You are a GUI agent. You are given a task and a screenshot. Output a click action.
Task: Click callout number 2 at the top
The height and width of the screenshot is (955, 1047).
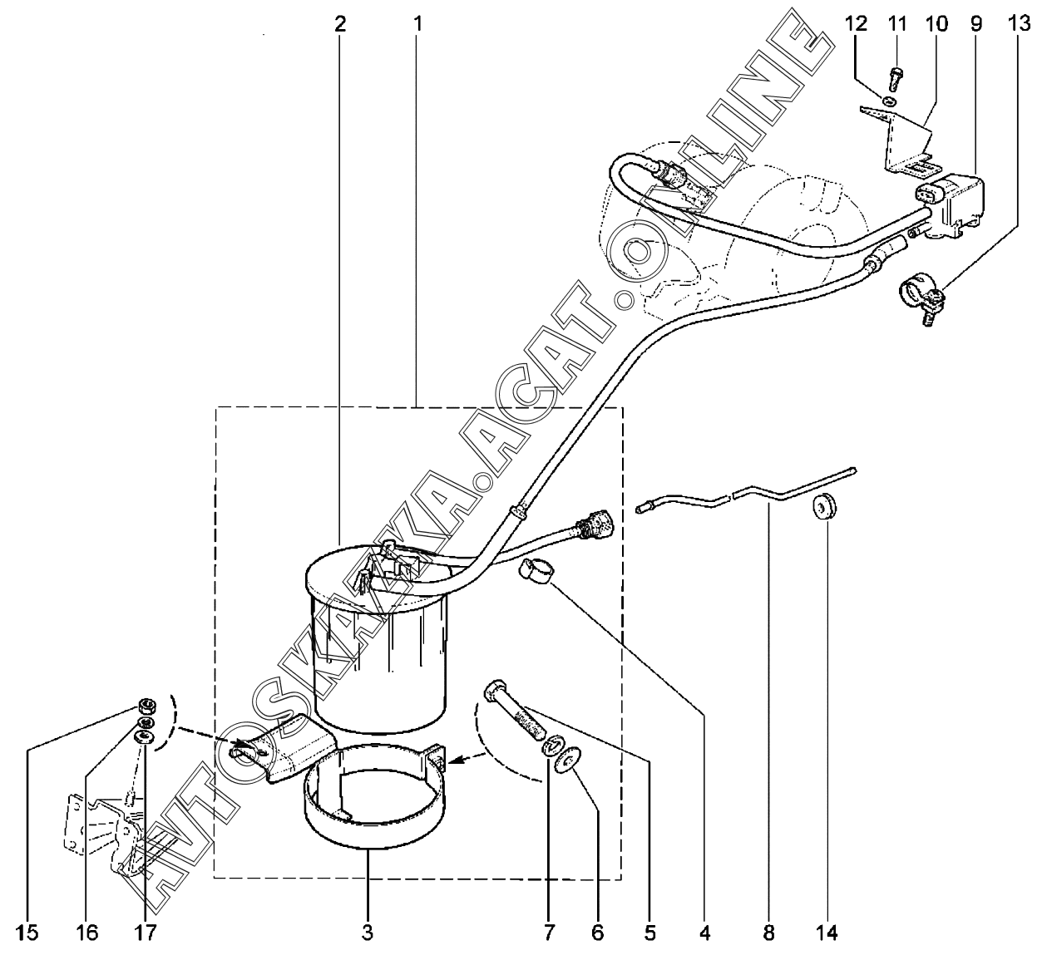[339, 23]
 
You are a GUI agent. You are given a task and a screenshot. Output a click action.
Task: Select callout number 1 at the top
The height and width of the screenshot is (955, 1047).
[417, 23]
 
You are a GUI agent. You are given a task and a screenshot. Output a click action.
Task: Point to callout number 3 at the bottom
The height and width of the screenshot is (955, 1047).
[368, 933]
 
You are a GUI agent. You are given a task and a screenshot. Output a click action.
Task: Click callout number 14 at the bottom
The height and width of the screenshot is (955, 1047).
[827, 933]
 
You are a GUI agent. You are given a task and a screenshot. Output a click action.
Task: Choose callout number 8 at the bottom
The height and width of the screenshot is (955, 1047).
[768, 933]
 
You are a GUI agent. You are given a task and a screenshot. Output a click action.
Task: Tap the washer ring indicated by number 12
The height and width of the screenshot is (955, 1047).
[889, 101]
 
